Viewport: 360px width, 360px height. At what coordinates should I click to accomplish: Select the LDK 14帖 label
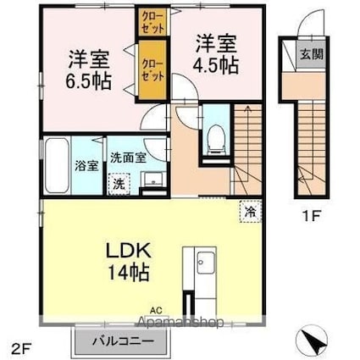click(x=127, y=262)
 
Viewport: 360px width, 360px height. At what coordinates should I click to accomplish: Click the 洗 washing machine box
click(x=119, y=183)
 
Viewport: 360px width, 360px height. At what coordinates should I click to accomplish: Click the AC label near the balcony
click(x=155, y=310)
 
